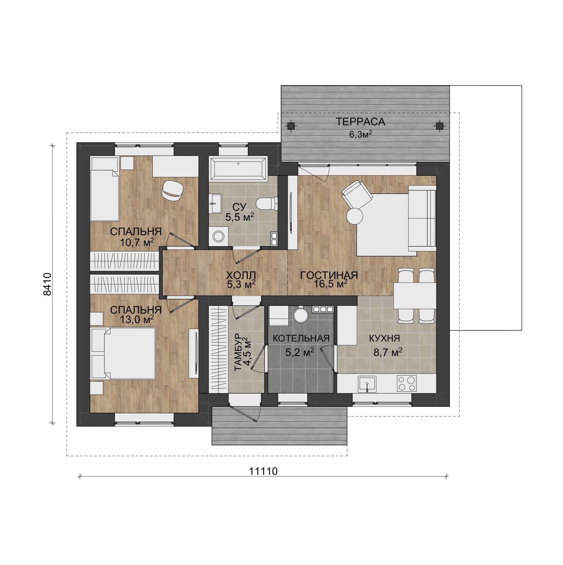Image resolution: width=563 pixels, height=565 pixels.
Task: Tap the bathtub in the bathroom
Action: pos(238,169)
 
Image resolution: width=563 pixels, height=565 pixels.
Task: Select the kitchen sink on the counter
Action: pos(367,384)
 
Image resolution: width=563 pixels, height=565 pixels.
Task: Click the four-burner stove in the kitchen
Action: pos(406,383)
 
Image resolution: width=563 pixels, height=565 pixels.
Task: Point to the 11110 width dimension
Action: pos(263,472)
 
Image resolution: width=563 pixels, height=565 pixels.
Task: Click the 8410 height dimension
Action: pos(47,284)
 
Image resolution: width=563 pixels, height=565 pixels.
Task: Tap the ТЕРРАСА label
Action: pos(360,122)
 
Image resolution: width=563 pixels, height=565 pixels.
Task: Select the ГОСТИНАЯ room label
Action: pos(329,275)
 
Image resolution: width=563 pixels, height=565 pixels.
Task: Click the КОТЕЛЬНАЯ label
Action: pos(301,338)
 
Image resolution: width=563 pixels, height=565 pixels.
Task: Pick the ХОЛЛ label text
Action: pos(241,275)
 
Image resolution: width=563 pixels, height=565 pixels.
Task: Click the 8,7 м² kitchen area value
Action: pos(388,352)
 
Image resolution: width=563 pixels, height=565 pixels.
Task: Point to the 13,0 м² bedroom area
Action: pos(137,320)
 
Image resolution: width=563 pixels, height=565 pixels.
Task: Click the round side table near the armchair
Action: pos(354,216)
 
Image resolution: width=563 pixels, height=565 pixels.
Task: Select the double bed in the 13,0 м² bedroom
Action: pos(123,353)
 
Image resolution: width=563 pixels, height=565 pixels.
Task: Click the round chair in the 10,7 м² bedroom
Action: pos(173,190)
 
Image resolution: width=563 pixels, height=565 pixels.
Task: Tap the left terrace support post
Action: pos(291,126)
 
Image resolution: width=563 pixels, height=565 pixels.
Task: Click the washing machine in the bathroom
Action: pos(219,236)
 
